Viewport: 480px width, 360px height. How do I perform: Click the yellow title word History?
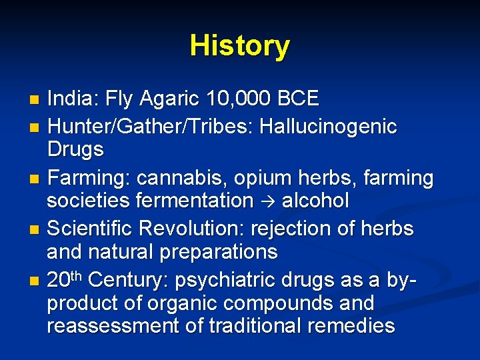click(240, 46)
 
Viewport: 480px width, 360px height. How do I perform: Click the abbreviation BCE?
click(299, 100)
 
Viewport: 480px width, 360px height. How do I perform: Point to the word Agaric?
click(174, 100)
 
